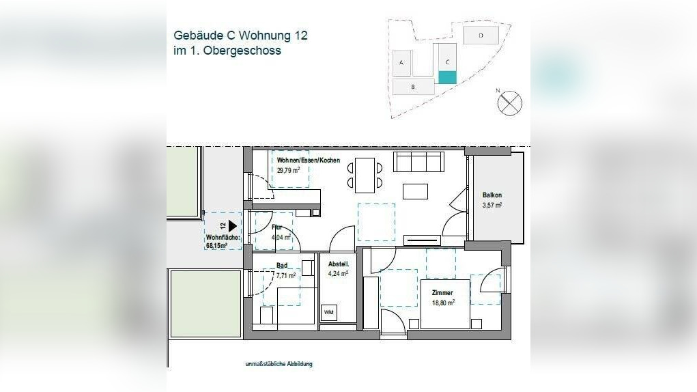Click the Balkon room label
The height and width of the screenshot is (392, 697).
coord(492,195)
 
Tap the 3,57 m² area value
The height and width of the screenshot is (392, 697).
coord(492,205)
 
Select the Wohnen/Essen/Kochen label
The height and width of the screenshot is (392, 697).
coord(308,160)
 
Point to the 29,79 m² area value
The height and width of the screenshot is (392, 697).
coord(288,170)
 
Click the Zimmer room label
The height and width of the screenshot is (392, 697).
coord(442,292)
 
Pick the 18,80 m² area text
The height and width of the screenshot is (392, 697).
coord(442,301)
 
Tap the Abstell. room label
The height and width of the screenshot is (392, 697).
coord(339,264)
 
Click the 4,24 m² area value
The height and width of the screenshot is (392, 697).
coord(339,273)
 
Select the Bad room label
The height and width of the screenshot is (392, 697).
coord(282,265)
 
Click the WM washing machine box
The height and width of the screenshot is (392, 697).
coord(329,313)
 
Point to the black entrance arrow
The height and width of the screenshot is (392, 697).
coord(232,225)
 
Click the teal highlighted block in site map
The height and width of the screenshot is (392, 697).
coord(446,77)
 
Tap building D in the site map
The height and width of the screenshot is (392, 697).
coord(481,34)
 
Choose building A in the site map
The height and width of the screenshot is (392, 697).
coord(401,63)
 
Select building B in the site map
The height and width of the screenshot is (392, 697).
coord(413,87)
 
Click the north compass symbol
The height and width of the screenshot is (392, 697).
coord(510,103)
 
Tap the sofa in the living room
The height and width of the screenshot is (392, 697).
coord(418,163)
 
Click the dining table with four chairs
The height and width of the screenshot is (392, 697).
coord(365,175)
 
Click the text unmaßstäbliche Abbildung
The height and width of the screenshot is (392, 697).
coord(279,364)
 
